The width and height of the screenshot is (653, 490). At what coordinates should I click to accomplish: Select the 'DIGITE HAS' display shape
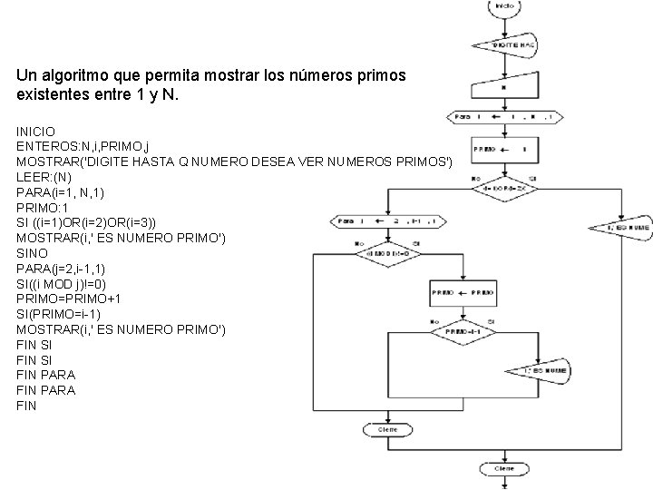[x=505, y=44]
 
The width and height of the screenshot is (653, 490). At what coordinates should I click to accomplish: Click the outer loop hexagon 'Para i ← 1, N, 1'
[x=505, y=116]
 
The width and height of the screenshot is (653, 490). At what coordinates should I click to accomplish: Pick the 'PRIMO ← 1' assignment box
[x=494, y=149]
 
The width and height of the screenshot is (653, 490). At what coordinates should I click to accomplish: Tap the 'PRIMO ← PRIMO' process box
[x=463, y=294]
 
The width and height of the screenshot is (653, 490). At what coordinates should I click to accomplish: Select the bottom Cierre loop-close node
[x=504, y=469]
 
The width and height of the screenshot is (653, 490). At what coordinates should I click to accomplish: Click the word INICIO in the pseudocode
[x=35, y=132]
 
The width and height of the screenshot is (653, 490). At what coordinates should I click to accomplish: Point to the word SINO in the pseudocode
[x=32, y=253]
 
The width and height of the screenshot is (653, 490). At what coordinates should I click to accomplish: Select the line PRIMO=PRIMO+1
[x=68, y=299]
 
